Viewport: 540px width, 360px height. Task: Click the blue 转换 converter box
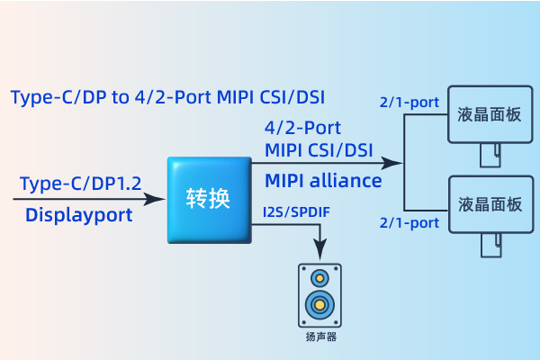click(207, 200)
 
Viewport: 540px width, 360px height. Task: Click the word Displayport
click(78, 215)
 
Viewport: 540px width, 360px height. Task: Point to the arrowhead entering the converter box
click(158, 199)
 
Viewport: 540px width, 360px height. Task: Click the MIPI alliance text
click(323, 181)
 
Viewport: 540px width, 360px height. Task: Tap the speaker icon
click(319, 295)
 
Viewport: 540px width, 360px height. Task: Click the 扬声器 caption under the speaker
click(319, 338)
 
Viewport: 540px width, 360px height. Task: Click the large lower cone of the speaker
click(319, 305)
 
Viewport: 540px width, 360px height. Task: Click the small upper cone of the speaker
click(319, 278)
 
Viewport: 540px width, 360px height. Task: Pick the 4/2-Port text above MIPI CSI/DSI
click(302, 128)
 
